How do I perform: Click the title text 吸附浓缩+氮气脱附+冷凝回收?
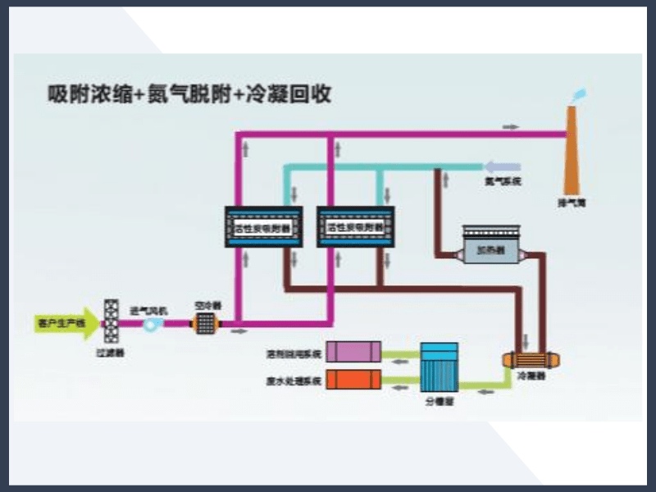click(x=189, y=95)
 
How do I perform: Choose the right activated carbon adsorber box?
click(x=355, y=227)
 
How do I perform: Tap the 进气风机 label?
click(x=148, y=310)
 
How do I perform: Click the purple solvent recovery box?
click(x=353, y=353)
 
